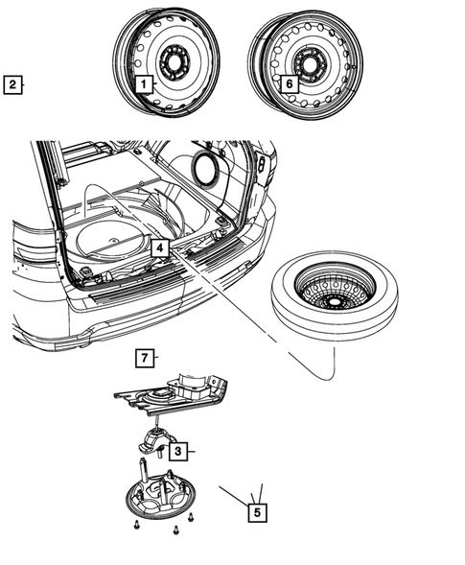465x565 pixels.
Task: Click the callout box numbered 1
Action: click(x=144, y=84)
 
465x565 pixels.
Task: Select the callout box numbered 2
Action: click(x=12, y=84)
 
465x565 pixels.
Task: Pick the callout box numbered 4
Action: click(x=159, y=247)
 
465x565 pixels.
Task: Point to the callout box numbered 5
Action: click(x=256, y=512)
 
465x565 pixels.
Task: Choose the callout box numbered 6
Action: click(x=288, y=83)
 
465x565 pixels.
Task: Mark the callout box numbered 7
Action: click(x=144, y=359)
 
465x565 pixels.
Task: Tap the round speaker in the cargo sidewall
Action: click(x=204, y=165)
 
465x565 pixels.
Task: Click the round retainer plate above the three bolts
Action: click(x=166, y=503)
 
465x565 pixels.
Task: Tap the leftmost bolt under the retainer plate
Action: click(x=136, y=527)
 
